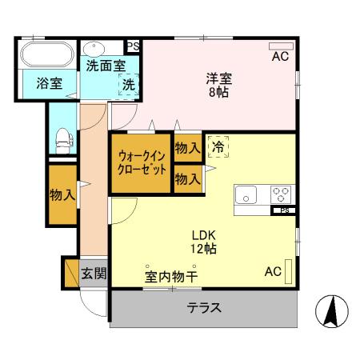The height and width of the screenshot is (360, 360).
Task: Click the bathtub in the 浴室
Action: coord(47,57)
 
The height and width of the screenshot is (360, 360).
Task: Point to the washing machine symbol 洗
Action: coord(127,84)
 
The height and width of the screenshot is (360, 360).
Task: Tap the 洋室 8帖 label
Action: coord(218,85)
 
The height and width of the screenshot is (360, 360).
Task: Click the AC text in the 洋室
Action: coord(279,57)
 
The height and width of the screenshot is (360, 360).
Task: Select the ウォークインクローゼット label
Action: coord(142,163)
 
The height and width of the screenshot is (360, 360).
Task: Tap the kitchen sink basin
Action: coord(245,194)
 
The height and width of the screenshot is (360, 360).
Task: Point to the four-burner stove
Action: coord(281,194)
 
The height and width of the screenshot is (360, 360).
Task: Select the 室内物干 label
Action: coord(171,276)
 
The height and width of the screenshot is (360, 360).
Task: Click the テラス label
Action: coord(204,307)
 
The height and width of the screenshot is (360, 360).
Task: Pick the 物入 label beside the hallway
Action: coord(62,194)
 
